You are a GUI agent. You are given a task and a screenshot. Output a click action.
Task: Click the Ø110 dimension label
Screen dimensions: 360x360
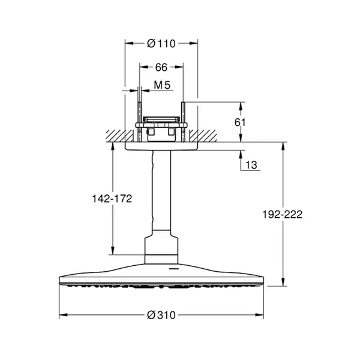(161, 43)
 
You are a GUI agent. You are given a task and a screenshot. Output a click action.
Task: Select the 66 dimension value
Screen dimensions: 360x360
(161, 67)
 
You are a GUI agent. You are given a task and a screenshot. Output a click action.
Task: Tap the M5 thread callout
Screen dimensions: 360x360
(162, 85)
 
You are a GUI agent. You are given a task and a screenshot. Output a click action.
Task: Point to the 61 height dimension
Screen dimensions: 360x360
(240, 122)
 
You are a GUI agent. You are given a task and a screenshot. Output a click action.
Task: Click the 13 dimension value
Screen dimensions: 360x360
(251, 165)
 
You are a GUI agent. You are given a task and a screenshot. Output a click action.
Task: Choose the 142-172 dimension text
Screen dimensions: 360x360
(112, 199)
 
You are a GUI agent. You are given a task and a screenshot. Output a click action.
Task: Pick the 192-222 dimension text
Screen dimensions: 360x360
(283, 214)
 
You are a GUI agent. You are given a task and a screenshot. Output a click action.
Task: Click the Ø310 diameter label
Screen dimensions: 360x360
(161, 315)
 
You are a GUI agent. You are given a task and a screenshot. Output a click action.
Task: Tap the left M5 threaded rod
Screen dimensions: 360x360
(139, 122)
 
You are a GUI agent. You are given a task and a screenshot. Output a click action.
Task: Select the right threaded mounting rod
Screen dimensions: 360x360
(183, 122)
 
